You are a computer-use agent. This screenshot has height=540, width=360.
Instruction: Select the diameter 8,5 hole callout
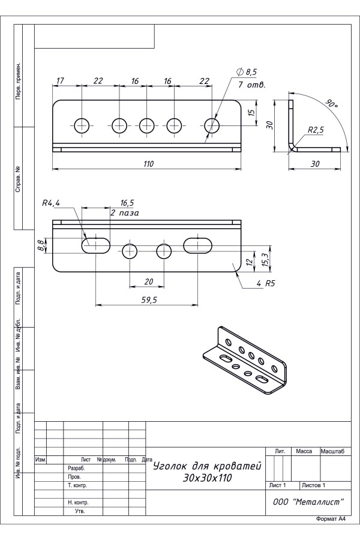click(247, 72)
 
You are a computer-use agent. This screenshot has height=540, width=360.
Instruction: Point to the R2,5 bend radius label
click(316, 130)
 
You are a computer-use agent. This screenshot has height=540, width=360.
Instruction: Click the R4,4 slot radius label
click(52, 203)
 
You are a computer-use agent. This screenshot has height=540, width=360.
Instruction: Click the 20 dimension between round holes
click(147, 281)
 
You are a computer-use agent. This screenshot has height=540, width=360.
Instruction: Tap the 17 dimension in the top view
click(60, 80)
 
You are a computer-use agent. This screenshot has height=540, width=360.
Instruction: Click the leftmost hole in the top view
click(82, 125)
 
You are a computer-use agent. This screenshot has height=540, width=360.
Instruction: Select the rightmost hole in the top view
click(212, 125)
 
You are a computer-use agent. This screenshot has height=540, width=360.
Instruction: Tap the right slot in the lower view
click(199, 244)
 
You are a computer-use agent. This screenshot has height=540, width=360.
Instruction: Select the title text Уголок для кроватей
click(208, 465)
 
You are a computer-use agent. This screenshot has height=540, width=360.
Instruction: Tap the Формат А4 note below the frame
click(331, 519)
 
